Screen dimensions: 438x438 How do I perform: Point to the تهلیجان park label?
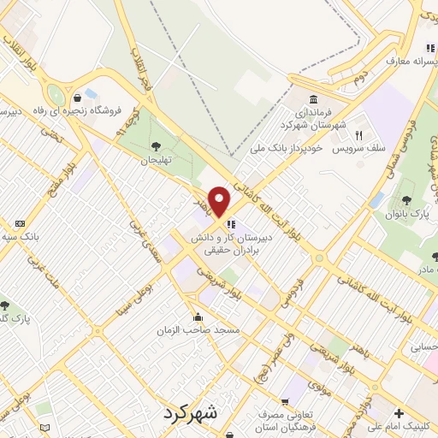157,160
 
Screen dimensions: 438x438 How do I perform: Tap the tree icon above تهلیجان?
157,145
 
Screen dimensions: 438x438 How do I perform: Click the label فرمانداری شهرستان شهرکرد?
316,119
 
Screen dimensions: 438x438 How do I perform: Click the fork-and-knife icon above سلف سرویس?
360,134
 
